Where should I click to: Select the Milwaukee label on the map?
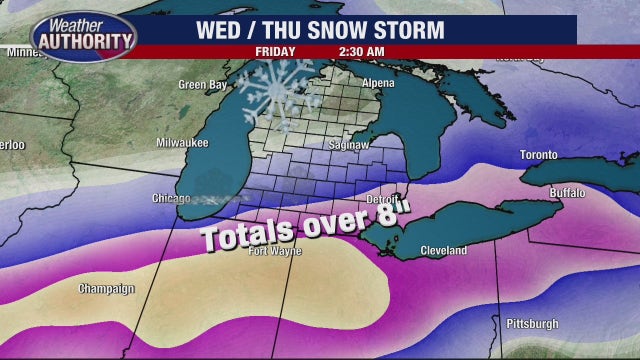(x=182, y=143)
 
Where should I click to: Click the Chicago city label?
(x=170, y=198)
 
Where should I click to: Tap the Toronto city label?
(x=537, y=156)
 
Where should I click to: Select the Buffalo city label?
(x=567, y=192)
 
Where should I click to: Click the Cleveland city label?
(x=443, y=251)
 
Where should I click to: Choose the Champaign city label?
(x=106, y=289)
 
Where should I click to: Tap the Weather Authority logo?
(x=84, y=37)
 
